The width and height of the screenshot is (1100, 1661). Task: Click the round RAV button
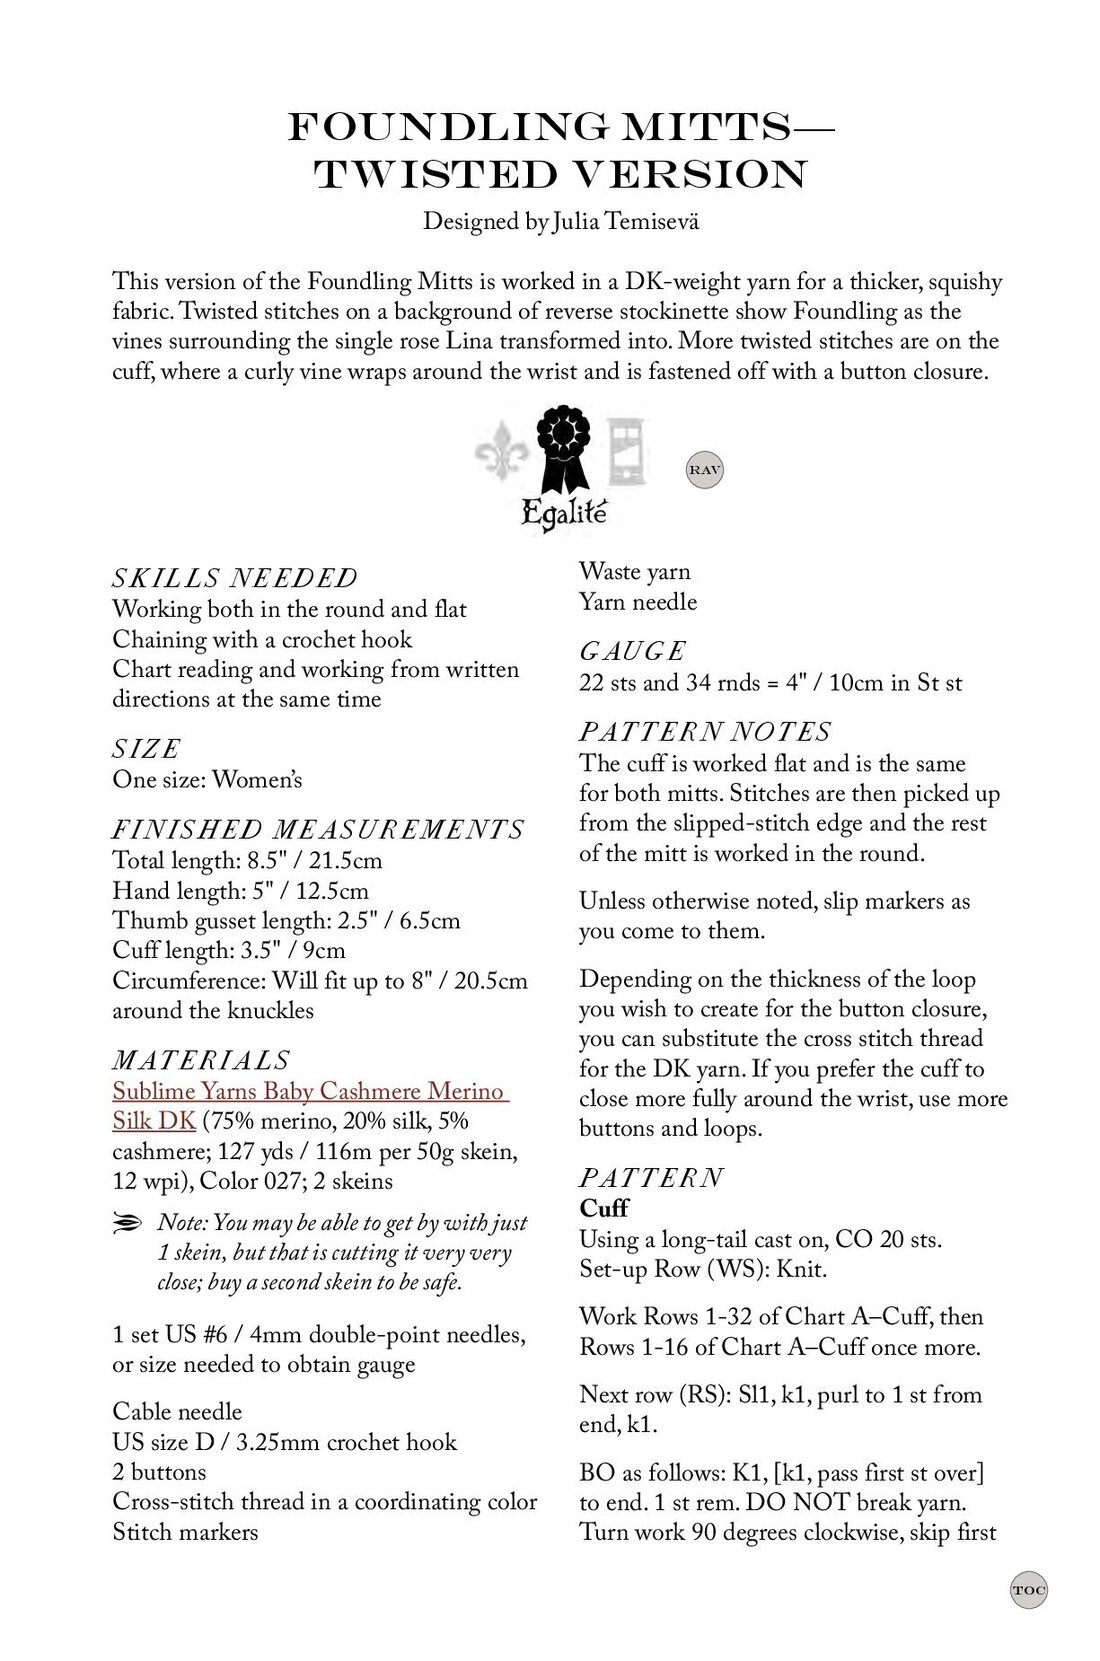click(704, 469)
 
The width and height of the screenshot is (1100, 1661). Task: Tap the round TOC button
click(1028, 1589)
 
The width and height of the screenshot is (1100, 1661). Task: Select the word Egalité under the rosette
click(563, 514)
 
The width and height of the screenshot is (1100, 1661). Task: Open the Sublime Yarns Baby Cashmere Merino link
click(310, 1091)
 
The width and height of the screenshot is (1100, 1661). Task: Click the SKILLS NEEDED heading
click(235, 578)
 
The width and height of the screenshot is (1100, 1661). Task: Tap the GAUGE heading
click(632, 651)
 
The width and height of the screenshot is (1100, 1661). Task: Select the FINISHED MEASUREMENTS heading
click(318, 829)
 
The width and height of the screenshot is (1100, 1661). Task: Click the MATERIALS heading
click(201, 1060)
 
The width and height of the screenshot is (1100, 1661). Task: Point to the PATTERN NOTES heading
click(705, 732)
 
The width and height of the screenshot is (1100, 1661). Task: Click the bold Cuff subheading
click(603, 1208)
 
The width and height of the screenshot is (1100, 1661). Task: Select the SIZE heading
click(147, 748)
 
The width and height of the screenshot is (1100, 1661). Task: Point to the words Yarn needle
click(638, 602)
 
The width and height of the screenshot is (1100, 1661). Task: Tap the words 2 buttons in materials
click(159, 1471)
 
